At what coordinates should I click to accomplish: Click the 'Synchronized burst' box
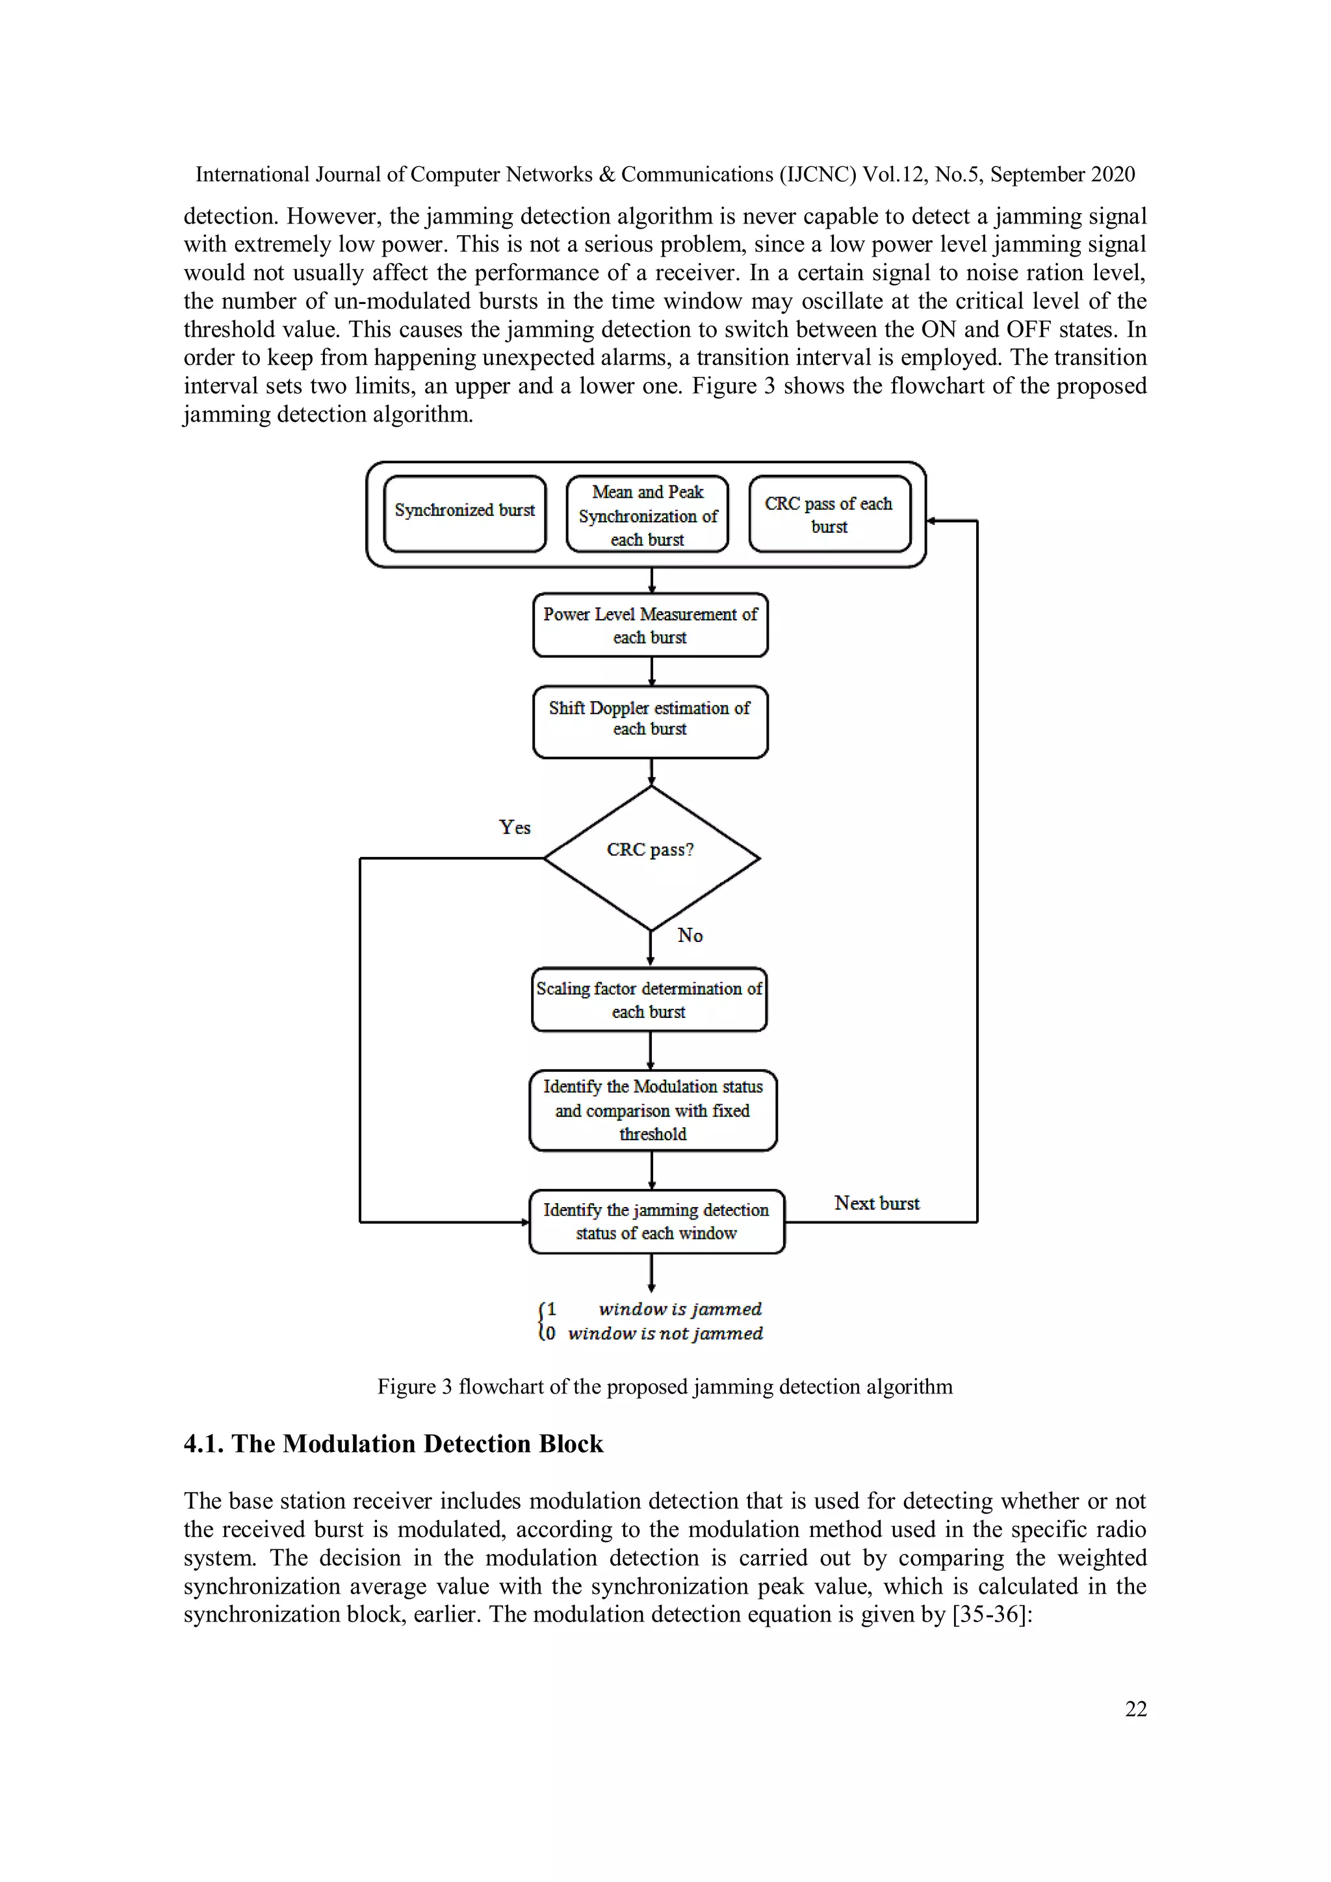pos(464,513)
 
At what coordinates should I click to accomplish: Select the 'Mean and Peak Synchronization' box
pos(647,515)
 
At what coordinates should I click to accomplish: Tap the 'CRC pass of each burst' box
pos(829,515)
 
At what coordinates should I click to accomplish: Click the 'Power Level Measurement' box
pos(651,626)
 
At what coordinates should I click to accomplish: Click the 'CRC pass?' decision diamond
pos(651,858)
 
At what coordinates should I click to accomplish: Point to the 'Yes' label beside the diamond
pos(515,827)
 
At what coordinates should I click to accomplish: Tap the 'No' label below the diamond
pos(690,935)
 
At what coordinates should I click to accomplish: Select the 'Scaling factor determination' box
pos(649,999)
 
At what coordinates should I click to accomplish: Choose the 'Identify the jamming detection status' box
pos(656,1221)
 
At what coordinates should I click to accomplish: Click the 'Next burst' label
pos(877,1203)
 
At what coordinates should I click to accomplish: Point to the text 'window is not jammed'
pos(665,1334)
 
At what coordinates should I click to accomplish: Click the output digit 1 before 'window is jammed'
pos(551,1309)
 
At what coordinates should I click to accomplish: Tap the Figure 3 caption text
pos(664,1386)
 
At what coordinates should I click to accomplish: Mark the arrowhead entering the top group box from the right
pos(931,520)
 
